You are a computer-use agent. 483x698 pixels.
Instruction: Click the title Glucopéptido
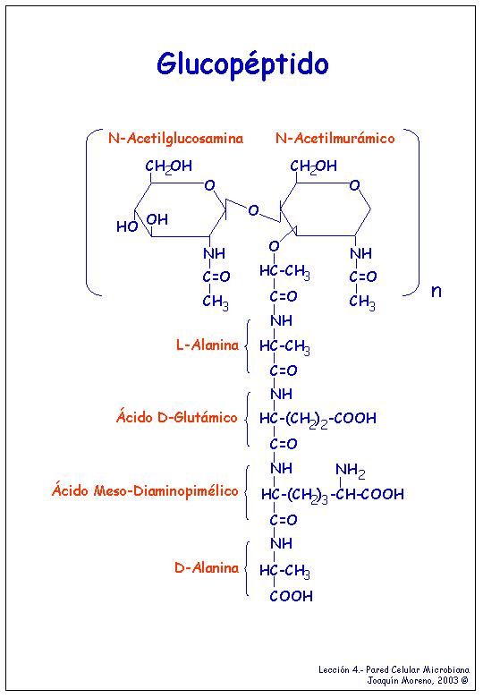tap(242, 65)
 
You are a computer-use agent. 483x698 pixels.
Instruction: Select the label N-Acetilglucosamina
tap(175, 139)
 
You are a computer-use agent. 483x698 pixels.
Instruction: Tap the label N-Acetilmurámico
tap(335, 138)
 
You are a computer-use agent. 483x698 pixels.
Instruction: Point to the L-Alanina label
tap(208, 345)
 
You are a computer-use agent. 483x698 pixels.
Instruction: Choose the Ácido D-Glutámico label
tap(176, 417)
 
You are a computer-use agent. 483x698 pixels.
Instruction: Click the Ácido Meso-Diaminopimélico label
tap(145, 490)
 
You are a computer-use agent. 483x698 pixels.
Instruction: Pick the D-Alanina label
tap(207, 568)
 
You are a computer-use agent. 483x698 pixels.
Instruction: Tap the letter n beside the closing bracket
tap(436, 291)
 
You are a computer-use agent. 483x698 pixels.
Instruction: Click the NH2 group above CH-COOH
tap(350, 471)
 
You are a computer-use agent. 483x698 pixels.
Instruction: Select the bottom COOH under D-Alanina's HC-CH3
tap(291, 596)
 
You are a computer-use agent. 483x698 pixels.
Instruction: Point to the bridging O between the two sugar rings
tap(253, 210)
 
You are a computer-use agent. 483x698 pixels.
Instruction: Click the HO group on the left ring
tap(127, 226)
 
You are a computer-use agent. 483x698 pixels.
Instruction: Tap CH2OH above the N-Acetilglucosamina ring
tap(168, 166)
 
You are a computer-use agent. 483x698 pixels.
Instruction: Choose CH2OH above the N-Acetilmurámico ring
tap(314, 166)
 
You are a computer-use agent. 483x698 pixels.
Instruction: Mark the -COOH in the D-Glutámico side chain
tap(353, 419)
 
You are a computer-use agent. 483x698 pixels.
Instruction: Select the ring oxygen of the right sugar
tap(354, 184)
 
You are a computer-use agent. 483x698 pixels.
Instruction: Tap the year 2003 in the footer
tap(447, 680)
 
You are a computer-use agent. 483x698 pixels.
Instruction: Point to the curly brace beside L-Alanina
tap(247, 346)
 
